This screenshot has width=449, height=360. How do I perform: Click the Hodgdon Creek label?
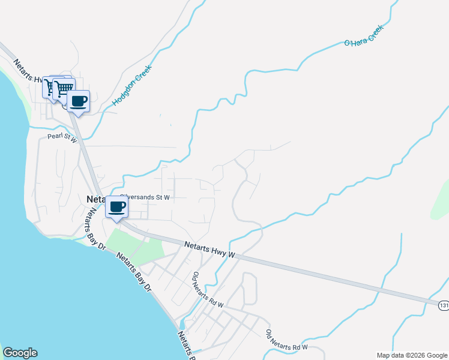(x=133, y=86)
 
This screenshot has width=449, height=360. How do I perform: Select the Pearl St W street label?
(x=62, y=137)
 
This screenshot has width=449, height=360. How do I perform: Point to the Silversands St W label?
(x=146, y=196)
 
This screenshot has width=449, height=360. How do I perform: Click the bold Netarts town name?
(x=96, y=199)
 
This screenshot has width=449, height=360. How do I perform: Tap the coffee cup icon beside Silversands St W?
(x=116, y=208)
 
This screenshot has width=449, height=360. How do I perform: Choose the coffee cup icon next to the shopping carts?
(x=77, y=101)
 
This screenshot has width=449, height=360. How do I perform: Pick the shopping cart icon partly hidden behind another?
(x=50, y=88)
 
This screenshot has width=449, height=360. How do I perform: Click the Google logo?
(x=20, y=353)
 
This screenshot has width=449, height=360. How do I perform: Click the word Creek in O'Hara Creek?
(x=372, y=35)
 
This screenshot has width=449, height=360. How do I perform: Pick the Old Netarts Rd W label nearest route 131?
(x=287, y=340)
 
